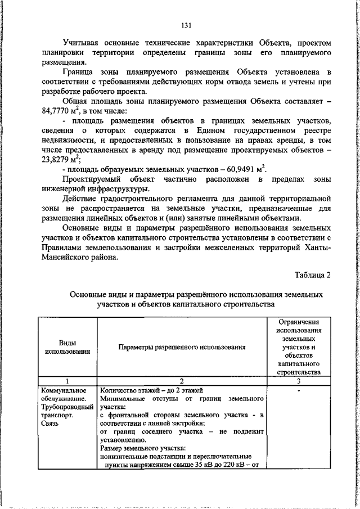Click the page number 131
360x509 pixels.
tap(187, 25)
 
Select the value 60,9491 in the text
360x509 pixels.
tap(241, 170)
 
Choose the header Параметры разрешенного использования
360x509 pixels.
tap(182, 347)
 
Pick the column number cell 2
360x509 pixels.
tap(182, 381)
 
